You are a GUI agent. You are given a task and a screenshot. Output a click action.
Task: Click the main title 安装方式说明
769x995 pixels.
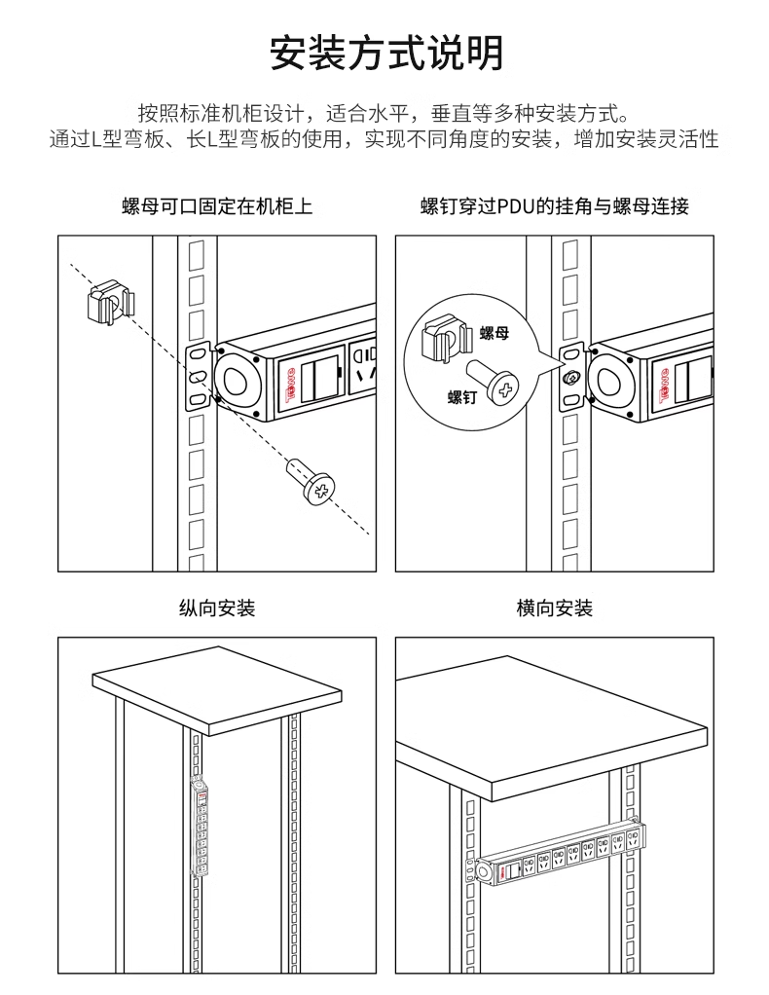(386, 53)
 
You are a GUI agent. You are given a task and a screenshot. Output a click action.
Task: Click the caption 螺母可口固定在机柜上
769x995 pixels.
(217, 206)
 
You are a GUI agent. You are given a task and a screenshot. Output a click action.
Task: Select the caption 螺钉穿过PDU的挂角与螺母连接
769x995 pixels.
(555, 206)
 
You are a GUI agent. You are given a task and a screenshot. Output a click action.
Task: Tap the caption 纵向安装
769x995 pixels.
(217, 608)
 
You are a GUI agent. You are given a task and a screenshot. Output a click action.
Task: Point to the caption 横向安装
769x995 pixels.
(555, 608)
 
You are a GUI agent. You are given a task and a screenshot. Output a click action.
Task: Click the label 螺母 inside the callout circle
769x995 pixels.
(494, 333)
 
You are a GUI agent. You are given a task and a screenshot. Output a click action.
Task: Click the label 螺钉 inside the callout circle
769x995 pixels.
(462, 397)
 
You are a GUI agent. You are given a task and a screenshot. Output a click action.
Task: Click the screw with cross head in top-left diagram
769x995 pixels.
(311, 482)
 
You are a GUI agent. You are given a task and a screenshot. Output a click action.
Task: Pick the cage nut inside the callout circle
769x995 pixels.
(447, 340)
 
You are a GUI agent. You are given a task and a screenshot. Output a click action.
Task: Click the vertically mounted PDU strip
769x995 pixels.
(200, 828)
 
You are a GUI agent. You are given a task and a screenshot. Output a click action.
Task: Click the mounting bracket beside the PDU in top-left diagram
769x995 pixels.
(198, 377)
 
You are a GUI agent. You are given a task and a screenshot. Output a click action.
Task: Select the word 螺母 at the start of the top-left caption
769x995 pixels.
(141, 206)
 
